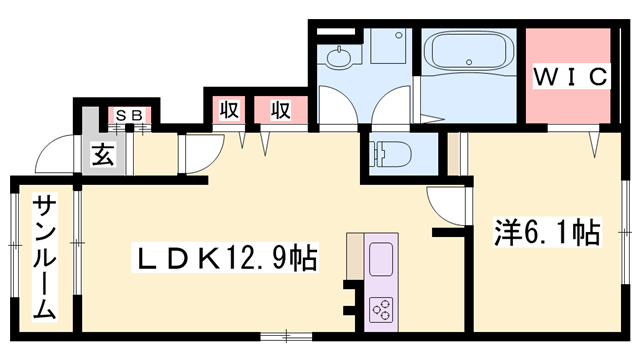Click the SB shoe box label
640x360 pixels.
(128, 115)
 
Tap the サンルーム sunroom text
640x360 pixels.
(43, 258)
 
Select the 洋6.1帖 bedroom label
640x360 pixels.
(545, 234)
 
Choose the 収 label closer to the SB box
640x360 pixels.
(227, 109)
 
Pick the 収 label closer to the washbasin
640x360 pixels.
(279, 109)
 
